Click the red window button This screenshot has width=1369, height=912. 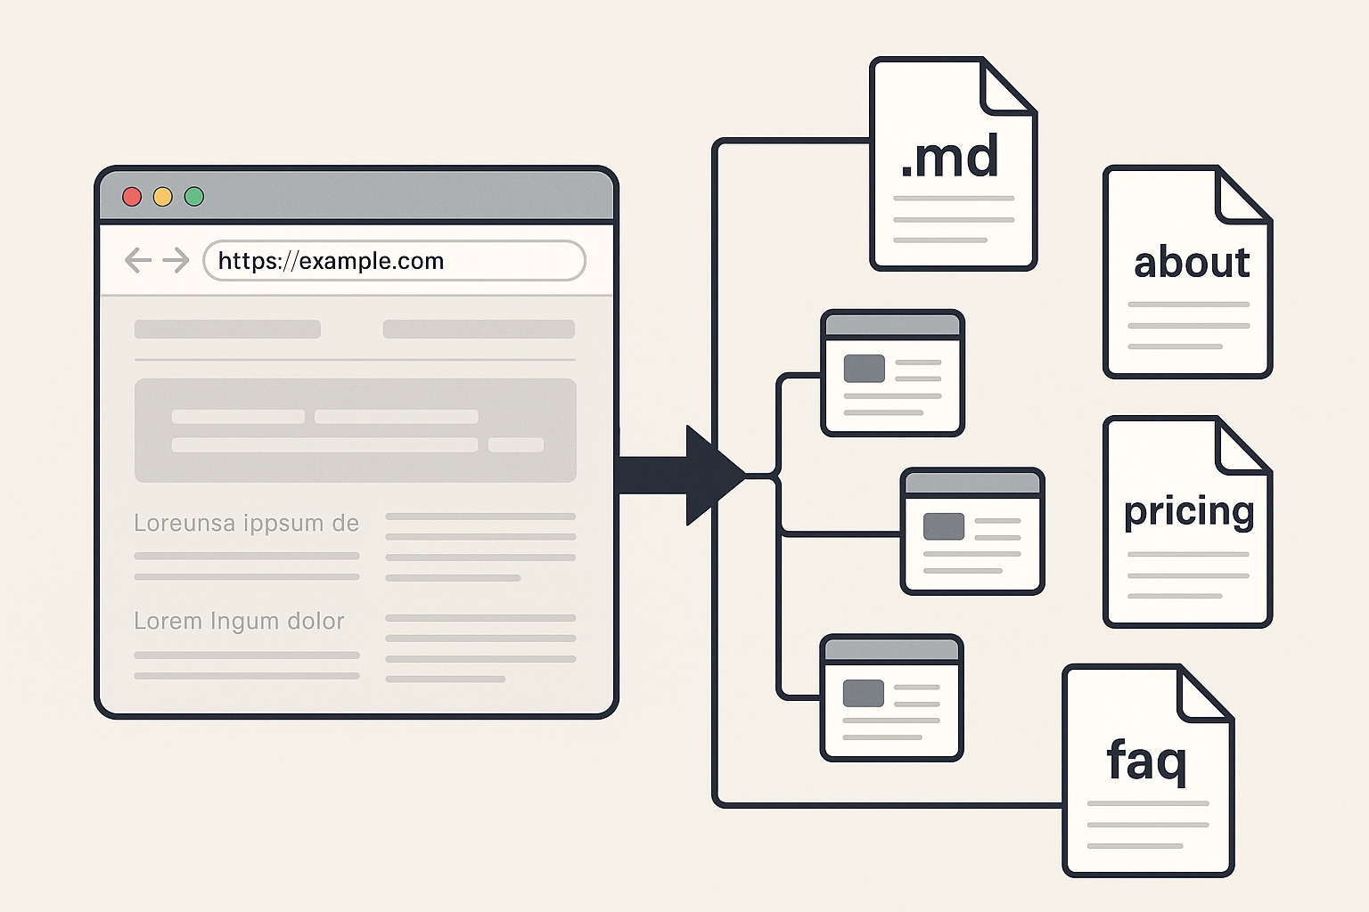pos(132,197)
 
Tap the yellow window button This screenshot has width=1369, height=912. pos(162,197)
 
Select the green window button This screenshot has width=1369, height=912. pos(194,197)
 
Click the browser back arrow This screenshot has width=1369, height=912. pos(138,260)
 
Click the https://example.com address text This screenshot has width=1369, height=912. pos(331,261)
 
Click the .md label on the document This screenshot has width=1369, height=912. pos(950,157)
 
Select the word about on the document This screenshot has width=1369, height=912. pos(1192,263)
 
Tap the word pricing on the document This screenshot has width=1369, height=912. pos(1189,512)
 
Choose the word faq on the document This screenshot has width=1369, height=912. pos(1146,761)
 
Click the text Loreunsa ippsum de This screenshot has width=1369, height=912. pos(246,524)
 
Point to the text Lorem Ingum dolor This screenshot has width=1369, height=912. pos(239,622)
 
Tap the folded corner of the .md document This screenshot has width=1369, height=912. pos(1008,86)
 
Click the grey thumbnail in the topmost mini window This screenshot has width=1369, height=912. pos(865,369)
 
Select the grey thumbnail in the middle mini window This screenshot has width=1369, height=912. pos(944,526)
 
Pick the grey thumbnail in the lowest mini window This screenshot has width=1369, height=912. pos(863,693)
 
